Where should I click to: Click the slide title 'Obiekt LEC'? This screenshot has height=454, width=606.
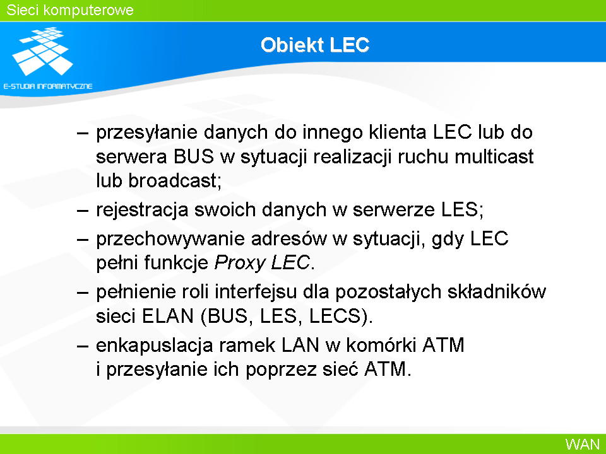pyautogui.click(x=315, y=45)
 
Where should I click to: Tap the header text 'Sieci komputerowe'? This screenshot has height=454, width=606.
pyautogui.click(x=70, y=10)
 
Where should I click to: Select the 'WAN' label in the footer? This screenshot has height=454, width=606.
pyautogui.click(x=583, y=444)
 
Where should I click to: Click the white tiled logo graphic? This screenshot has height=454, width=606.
pyautogui.click(x=42, y=51)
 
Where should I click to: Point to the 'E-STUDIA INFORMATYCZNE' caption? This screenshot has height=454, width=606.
pyautogui.click(x=48, y=86)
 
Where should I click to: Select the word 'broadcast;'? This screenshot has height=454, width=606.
pyautogui.click(x=175, y=181)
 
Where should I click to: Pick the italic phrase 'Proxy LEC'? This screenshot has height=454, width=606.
pyautogui.click(x=262, y=263)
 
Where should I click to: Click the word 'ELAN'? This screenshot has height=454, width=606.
pyautogui.click(x=168, y=316)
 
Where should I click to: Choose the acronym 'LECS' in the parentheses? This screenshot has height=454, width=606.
pyautogui.click(x=335, y=316)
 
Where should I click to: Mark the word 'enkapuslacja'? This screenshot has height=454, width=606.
pyautogui.click(x=154, y=346)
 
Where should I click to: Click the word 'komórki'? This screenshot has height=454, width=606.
pyautogui.click(x=381, y=345)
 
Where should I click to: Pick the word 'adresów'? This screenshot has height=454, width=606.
pyautogui.click(x=289, y=238)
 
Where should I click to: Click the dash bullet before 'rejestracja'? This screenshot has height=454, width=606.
pyautogui.click(x=83, y=211)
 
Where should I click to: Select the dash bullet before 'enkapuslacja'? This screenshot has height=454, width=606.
pyautogui.click(x=83, y=346)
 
